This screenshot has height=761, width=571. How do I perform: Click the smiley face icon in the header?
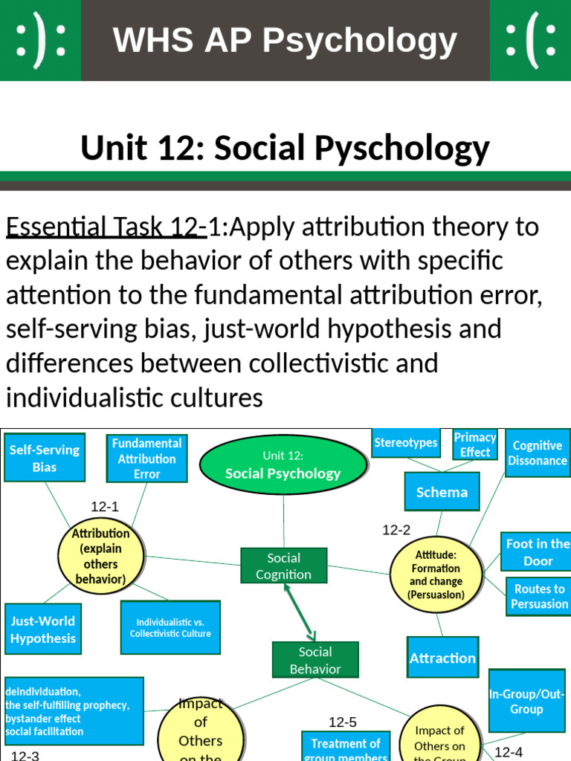point(40,40)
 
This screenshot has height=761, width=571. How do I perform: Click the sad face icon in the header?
point(530,40)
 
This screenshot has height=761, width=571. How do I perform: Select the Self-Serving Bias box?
point(45,458)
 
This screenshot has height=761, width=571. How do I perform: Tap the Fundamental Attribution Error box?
point(146,459)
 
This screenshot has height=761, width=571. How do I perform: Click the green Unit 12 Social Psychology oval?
point(283,464)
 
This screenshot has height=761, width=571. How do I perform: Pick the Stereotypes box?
point(405,443)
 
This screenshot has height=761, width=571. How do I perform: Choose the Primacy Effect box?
point(475,444)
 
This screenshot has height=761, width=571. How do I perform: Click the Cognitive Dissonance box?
point(537,453)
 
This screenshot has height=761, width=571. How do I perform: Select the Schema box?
point(442,492)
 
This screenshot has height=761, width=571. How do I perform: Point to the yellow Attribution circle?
point(100,556)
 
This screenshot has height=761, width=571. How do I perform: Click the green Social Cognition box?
point(283,566)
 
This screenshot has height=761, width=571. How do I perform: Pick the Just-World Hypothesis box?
point(43,629)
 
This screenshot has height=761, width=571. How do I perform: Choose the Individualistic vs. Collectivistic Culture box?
point(170,628)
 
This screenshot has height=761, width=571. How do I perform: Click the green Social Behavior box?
point(315,660)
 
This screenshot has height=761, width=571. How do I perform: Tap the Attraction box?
point(442,658)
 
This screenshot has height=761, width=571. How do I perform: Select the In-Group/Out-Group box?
point(526,701)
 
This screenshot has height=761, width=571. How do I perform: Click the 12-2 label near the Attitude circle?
point(396,530)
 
